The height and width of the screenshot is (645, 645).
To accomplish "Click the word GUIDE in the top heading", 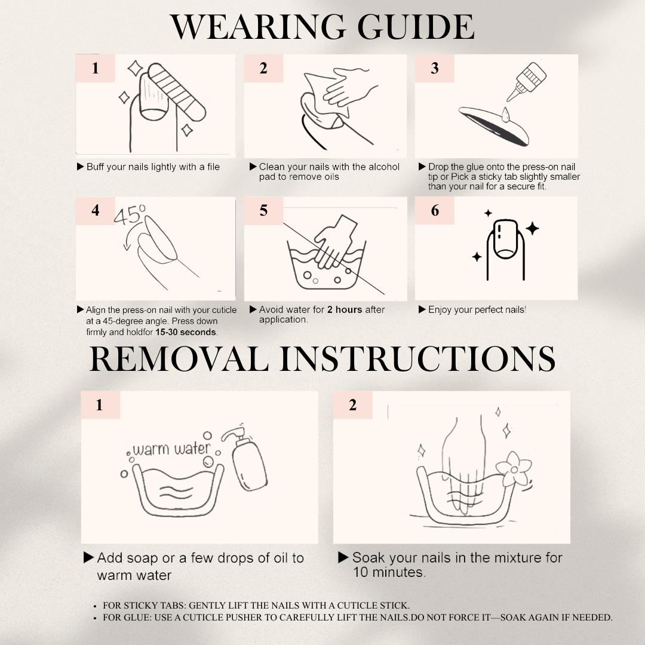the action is click(x=416, y=27).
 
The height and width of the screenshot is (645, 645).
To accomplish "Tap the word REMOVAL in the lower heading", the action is click(x=179, y=359).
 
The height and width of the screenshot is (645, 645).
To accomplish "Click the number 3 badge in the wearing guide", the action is click(x=434, y=68).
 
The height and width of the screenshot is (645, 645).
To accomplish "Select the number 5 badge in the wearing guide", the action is click(x=264, y=211).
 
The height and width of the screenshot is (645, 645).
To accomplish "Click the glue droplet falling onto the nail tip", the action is click(x=506, y=114).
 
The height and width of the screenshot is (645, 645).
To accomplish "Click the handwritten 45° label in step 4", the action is click(x=130, y=215).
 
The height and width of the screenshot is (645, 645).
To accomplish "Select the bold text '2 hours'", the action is click(x=345, y=310).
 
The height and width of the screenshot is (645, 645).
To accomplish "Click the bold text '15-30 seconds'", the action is click(x=186, y=333).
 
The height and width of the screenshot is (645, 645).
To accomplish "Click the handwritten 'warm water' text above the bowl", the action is click(x=171, y=449).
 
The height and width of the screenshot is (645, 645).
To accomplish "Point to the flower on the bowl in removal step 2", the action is click(x=514, y=469).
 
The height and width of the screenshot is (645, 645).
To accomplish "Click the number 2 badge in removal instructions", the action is click(x=352, y=405).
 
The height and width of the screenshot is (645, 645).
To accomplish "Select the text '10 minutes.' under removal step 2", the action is click(x=389, y=572).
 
